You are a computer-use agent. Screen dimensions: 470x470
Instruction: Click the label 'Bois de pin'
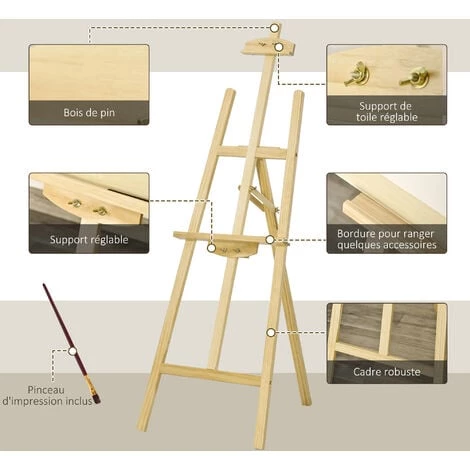pyautogui.click(x=89, y=113)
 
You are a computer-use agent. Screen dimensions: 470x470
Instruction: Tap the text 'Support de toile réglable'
pyautogui.click(x=387, y=112)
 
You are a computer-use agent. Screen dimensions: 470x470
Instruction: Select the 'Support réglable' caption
pyautogui.click(x=89, y=240)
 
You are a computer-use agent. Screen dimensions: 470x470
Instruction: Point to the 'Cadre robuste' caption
pyautogui.click(x=387, y=372)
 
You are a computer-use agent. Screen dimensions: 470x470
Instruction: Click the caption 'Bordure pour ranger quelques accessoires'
pyautogui.click(x=387, y=239)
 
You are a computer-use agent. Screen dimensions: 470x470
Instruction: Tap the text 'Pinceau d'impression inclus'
pyautogui.click(x=47, y=395)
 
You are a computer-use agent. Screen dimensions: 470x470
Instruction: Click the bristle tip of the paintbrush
pyautogui.click(x=97, y=400)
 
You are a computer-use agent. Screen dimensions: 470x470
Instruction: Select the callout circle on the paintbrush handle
pyautogui.click(x=72, y=351)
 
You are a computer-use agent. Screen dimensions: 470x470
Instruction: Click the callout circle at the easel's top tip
pyautogui.click(x=274, y=28)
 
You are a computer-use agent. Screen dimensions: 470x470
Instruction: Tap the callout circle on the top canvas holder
pyautogui.click(x=279, y=47)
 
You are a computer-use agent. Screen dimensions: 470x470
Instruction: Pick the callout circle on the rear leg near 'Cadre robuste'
pyautogui.click(x=271, y=332)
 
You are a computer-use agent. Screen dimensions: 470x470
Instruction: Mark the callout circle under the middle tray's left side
pyautogui.click(x=211, y=248)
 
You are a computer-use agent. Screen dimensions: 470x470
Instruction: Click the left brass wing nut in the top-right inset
pyautogui.click(x=357, y=75)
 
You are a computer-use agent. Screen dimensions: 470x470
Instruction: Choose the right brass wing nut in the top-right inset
pyautogui.click(x=414, y=77)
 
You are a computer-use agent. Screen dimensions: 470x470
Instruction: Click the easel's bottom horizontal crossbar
pyautogui.click(x=211, y=375)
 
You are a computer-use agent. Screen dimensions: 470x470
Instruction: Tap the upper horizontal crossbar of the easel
pyautogui.click(x=252, y=152)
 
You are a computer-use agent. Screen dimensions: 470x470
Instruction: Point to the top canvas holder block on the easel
pyautogui.click(x=268, y=47)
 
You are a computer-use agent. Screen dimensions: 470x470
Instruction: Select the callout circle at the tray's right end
pyautogui.click(x=270, y=239)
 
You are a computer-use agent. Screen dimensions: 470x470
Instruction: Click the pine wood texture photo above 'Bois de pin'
pyautogui.click(x=89, y=73)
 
